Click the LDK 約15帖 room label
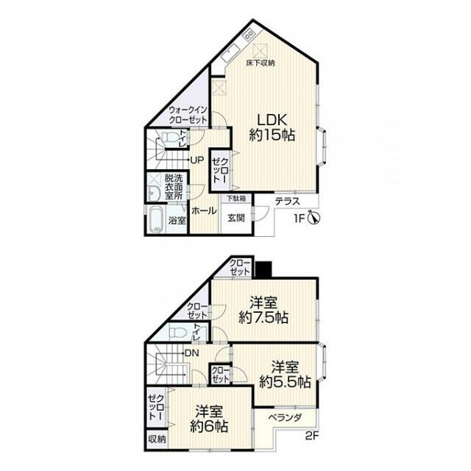[272, 127]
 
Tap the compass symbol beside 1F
[314, 218]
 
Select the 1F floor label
[300, 219]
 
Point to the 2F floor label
[312, 436]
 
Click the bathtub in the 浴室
[156, 219]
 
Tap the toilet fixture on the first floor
[169, 138]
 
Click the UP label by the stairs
[197, 160]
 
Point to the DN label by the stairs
[192, 353]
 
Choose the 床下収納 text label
[261, 63]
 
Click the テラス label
[288, 201]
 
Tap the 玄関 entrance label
[236, 218]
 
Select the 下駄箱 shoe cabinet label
[236, 199]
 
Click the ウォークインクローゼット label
[188, 115]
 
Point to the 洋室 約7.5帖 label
[263, 310]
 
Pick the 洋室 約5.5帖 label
[285, 375]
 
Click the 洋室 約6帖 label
[209, 419]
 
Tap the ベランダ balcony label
[285, 417]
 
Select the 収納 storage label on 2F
[157, 439]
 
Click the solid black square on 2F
[263, 269]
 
